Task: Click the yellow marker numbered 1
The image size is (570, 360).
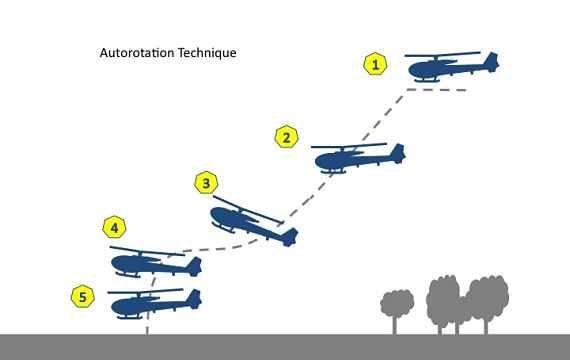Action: (375, 64)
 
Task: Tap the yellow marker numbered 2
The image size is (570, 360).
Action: (286, 137)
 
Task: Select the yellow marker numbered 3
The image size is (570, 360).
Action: (206, 183)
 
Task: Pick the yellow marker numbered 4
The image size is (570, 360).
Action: (115, 228)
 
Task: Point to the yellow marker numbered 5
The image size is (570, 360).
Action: (83, 296)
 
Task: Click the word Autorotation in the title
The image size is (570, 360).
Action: (137, 53)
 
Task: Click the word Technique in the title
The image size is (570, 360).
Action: (207, 53)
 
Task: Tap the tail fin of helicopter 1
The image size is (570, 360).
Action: (491, 62)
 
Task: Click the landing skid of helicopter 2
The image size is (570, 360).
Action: (333, 171)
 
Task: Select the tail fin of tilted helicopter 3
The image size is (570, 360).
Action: (290, 237)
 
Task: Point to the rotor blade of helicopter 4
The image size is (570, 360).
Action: (147, 251)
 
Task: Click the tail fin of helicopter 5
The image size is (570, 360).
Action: (194, 299)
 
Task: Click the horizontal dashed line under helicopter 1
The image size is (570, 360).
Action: (436, 89)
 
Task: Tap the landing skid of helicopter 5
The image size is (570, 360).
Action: (129, 317)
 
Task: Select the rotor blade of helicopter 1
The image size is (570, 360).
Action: (442, 55)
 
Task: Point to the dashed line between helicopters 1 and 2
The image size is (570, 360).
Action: (382, 116)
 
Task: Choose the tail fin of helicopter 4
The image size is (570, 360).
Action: (194, 266)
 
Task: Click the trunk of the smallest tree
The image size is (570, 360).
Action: (395, 325)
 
